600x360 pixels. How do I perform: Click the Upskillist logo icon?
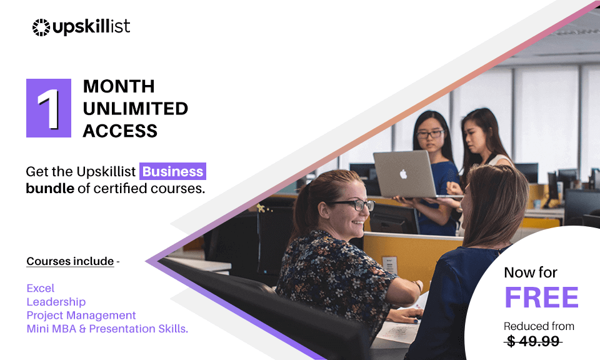pos(41,27)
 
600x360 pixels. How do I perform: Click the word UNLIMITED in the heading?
pos(135,108)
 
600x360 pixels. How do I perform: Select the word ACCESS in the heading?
pos(120,131)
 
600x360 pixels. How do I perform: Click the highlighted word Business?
pos(172,171)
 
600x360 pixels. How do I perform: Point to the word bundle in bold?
pos(50,187)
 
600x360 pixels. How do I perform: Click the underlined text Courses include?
pos(70,261)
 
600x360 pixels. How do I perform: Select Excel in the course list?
pos(40,288)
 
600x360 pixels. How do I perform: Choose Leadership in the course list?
pos(56,302)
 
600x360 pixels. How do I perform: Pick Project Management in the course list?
pos(81,315)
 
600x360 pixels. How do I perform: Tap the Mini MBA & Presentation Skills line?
pos(107,329)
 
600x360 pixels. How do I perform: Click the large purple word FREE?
pos(541,298)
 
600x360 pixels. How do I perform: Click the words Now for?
pos(531,272)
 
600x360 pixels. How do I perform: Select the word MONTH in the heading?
pos(119,86)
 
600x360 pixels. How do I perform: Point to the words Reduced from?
pos(539,326)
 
